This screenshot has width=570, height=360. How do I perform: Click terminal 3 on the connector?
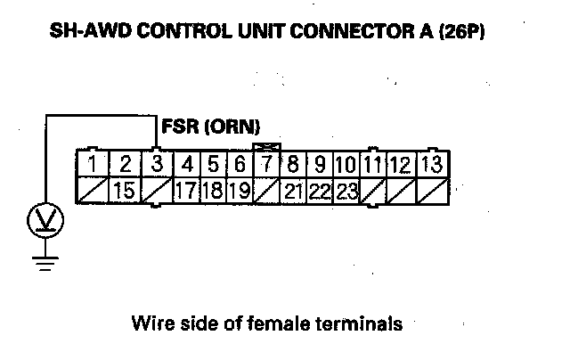coord(156,164)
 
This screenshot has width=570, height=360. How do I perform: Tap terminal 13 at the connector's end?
coord(431,164)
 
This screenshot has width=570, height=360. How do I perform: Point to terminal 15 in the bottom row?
coord(125,190)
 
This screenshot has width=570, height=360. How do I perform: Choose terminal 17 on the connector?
coord(186,190)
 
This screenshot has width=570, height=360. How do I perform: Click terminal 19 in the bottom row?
coord(239,190)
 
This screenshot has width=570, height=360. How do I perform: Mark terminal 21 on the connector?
coord(293,190)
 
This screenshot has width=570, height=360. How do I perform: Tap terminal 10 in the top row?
coord(346,164)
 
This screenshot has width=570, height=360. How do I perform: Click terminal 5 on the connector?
coord(213,164)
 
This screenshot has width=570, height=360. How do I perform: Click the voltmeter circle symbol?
coord(41,221)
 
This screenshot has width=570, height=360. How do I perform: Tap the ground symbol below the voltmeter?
coord(41,263)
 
